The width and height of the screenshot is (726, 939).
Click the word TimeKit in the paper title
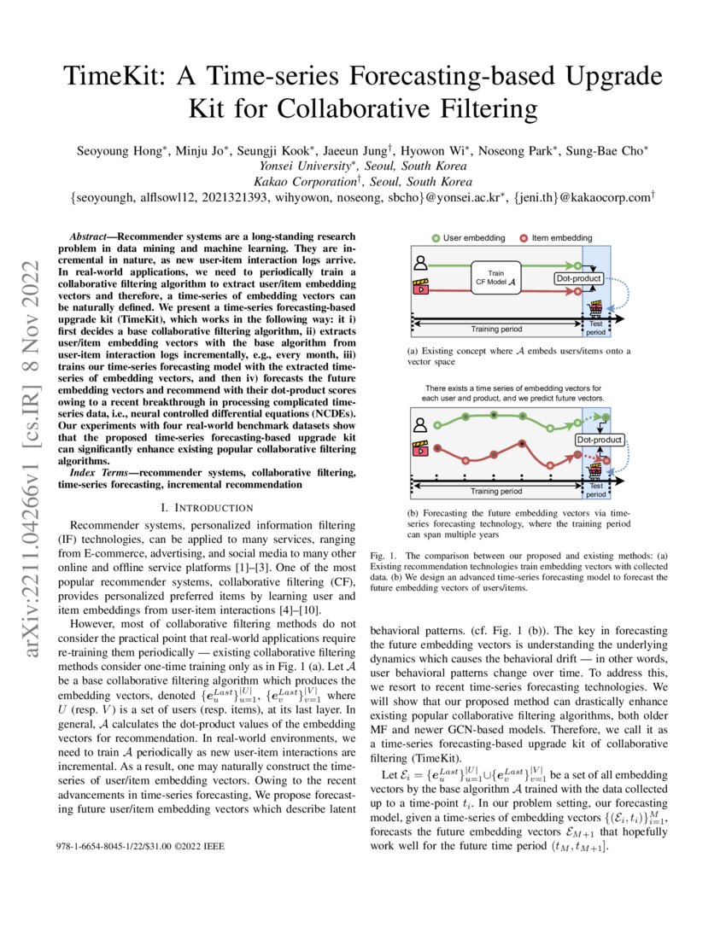click(x=113, y=79)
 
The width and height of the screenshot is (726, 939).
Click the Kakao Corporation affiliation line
click(x=363, y=182)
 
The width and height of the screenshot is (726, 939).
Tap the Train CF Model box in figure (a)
click(x=495, y=276)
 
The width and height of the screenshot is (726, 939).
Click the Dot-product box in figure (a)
click(x=579, y=278)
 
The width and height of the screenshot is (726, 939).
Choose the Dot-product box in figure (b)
click(x=599, y=440)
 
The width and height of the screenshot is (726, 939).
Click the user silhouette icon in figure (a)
click(x=420, y=264)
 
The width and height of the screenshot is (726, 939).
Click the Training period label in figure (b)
click(x=496, y=492)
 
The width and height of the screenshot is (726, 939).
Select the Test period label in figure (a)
click(x=596, y=329)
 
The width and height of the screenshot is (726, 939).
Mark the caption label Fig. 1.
click(x=383, y=556)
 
